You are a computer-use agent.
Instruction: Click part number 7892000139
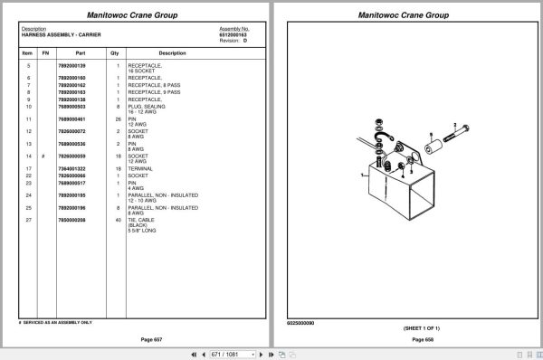pos(71,66)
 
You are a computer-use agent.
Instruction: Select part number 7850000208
pos(71,220)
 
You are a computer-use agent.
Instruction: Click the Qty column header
pos(115,53)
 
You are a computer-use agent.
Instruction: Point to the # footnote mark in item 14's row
pos(44,156)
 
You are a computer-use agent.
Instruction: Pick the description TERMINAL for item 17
pos(140,168)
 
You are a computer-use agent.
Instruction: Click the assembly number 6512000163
pos(233,34)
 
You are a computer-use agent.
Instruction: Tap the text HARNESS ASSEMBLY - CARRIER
pos(61,34)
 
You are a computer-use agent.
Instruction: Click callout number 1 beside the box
pos(359,172)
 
